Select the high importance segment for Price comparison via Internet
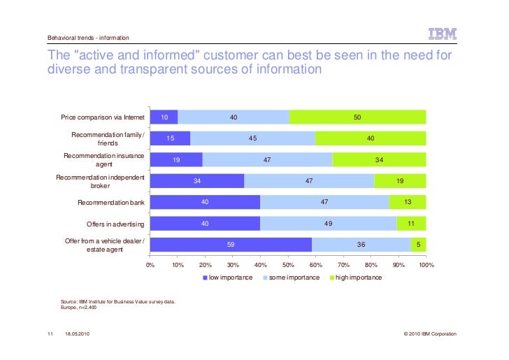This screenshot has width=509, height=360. pyautogui.click(x=357, y=117)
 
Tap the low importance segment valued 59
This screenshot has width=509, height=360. pyautogui.click(x=231, y=245)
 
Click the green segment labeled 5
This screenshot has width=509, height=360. pyautogui.click(x=418, y=245)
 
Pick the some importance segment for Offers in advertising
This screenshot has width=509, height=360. pyautogui.click(x=329, y=224)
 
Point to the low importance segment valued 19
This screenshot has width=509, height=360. pyautogui.click(x=176, y=159)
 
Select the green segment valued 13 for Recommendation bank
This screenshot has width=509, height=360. pyautogui.click(x=408, y=202)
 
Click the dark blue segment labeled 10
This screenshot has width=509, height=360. pyautogui.click(x=164, y=117)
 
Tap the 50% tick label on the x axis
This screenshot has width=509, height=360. pyautogui.click(x=287, y=266)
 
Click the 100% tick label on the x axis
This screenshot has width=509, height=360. pyautogui.click(x=426, y=266)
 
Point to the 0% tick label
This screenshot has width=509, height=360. pyautogui.click(x=150, y=266)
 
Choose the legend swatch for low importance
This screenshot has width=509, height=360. pyautogui.click(x=206, y=278)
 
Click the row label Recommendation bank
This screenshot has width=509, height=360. pyautogui.click(x=110, y=203)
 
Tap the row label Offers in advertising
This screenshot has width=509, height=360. pyautogui.click(x=115, y=224)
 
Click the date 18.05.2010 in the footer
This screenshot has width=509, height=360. pyautogui.click(x=76, y=334)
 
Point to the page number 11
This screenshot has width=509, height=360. pyautogui.click(x=50, y=334)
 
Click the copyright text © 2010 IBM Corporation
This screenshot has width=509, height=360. pyautogui.click(x=430, y=334)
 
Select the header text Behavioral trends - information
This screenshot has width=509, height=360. pyautogui.click(x=88, y=38)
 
